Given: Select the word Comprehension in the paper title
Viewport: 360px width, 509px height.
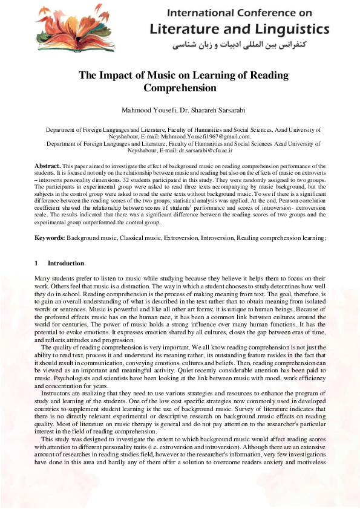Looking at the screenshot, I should [x=180, y=88].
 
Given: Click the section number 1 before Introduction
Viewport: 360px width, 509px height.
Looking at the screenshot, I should [x=36, y=264].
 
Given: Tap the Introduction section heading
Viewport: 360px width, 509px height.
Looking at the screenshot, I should [x=66, y=264].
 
